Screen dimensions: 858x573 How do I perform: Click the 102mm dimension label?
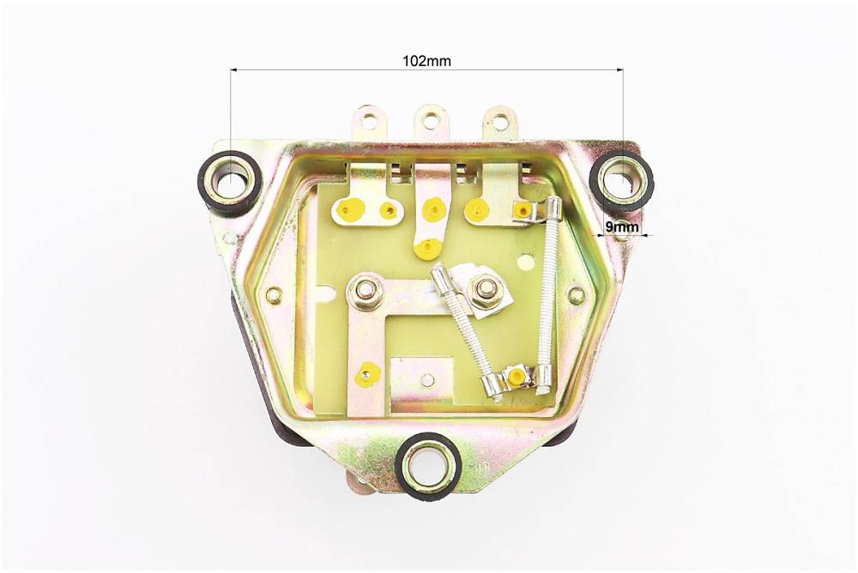pyautogui.click(x=426, y=61)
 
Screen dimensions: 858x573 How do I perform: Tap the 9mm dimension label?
pyautogui.click(x=622, y=226)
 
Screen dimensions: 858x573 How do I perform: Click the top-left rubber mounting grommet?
pyautogui.click(x=229, y=181)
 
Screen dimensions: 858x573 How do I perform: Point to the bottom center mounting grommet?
pyautogui.click(x=428, y=466)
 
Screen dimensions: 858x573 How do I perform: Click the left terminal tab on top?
pyautogui.click(x=371, y=122)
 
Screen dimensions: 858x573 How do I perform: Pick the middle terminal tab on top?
pyautogui.click(x=432, y=122)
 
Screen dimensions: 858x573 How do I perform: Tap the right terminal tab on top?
pyautogui.click(x=499, y=122)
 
